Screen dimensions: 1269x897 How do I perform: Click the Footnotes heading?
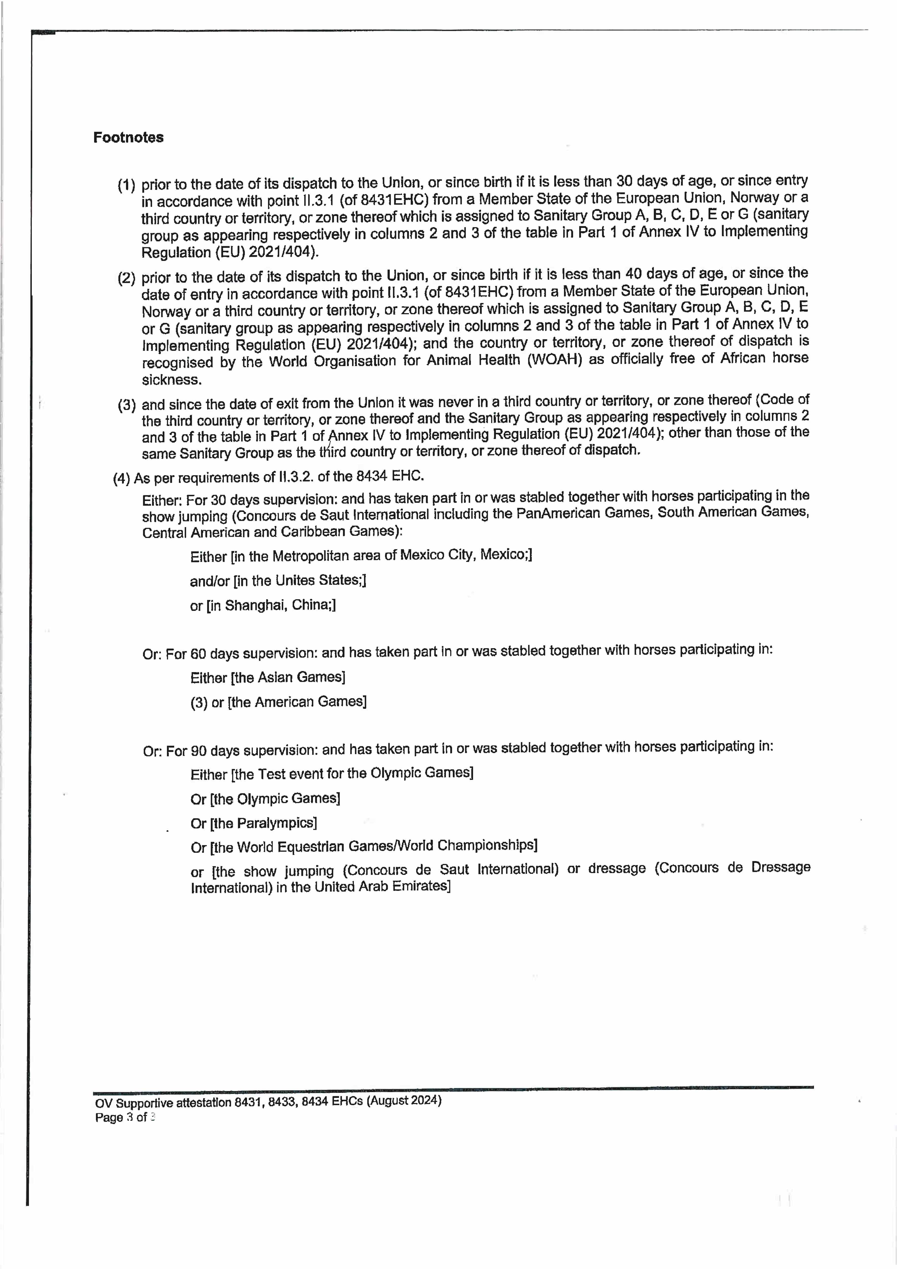click(128, 138)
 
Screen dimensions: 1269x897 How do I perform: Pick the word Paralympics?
click(276, 824)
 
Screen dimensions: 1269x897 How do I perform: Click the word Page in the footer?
click(109, 1117)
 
